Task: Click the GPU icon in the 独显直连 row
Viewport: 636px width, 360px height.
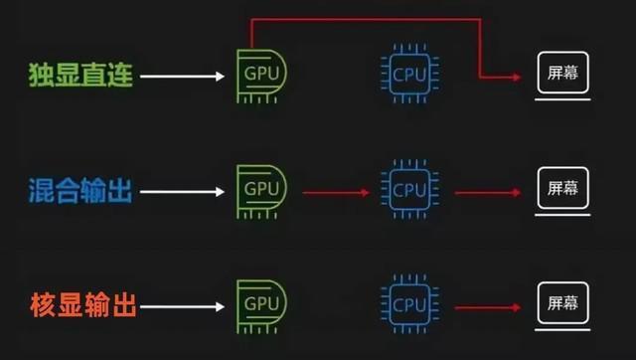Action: coord(259,75)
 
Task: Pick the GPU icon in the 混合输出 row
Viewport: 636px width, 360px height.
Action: coord(259,190)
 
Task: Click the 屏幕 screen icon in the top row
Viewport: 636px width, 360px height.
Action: coord(562,75)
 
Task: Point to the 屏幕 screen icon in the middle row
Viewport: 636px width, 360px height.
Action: coord(562,189)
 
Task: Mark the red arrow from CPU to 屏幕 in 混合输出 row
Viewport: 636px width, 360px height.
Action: coord(488,190)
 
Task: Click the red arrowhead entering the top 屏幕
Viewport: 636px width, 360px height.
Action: coord(517,77)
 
